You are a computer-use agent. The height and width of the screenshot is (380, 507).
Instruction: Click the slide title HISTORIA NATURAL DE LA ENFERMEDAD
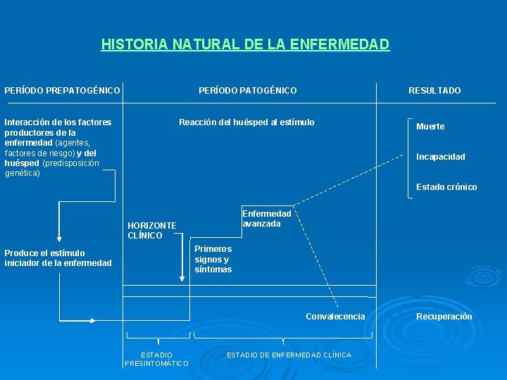point(245,45)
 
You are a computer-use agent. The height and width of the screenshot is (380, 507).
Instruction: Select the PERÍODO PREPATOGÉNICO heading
point(63,91)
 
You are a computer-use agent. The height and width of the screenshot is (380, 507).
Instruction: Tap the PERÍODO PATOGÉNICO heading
point(247,91)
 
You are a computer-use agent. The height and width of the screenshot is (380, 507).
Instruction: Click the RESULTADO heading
point(434,91)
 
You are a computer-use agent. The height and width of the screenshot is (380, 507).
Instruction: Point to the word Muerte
point(430,127)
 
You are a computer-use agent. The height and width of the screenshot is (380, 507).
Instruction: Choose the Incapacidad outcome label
point(440,157)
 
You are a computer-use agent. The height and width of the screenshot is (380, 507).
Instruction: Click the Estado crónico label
point(446,187)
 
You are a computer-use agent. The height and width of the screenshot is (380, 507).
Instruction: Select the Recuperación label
point(444,317)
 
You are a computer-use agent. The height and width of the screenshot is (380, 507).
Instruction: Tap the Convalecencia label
point(335,317)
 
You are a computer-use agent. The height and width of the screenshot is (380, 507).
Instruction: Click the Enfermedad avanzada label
point(266,219)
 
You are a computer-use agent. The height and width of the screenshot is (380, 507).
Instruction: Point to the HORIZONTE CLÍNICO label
point(151,230)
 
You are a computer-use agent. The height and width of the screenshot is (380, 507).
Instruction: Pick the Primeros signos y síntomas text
point(213,259)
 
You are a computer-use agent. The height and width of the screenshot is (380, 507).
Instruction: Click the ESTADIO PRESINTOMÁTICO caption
point(156,359)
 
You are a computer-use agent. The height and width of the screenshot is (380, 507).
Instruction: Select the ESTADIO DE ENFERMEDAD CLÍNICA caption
point(289,355)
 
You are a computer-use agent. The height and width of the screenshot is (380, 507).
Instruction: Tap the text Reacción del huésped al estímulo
point(246,122)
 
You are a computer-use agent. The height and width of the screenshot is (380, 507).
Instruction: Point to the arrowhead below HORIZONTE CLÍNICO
point(182,280)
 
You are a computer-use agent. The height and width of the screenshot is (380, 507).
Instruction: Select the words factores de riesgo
point(39,153)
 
